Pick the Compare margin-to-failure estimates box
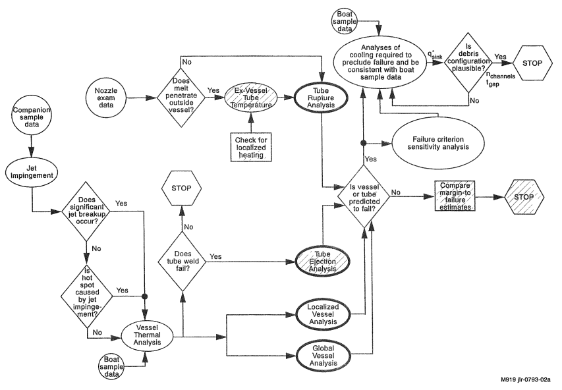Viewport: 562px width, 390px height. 454,193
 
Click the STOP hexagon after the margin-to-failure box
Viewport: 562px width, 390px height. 525,193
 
